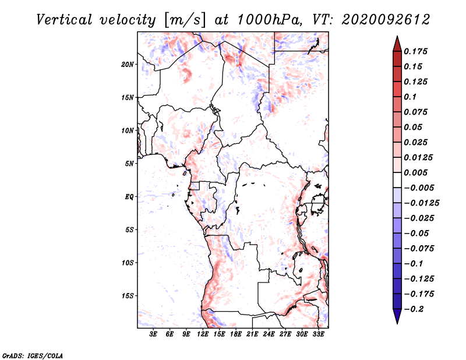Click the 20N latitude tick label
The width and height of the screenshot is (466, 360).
(128, 64)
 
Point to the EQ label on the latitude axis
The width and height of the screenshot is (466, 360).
(129, 197)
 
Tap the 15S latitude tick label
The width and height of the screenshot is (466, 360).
(128, 296)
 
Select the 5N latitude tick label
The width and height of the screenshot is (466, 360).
(129, 164)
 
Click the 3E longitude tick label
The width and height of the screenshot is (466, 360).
(154, 334)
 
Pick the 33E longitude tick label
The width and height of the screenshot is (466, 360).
(318, 334)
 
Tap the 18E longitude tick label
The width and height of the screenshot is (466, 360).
(236, 334)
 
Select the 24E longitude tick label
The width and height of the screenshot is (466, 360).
(269, 334)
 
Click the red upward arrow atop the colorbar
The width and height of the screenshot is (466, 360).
(397, 42)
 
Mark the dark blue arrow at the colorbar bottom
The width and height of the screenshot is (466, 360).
(397, 317)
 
